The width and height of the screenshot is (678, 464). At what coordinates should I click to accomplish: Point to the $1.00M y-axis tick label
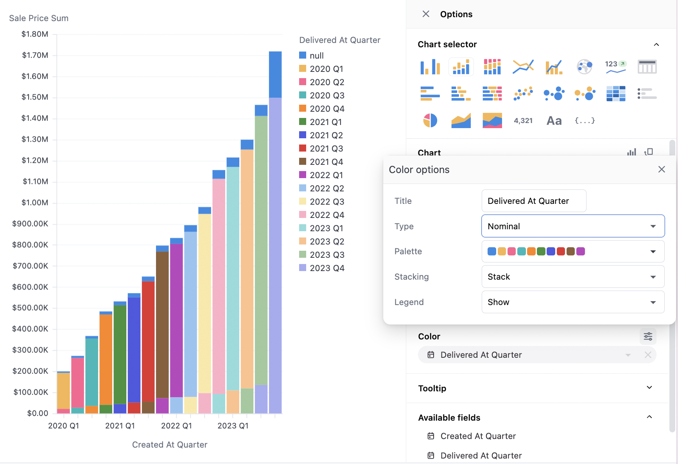(35, 203)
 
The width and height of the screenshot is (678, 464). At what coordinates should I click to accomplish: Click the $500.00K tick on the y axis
(30, 308)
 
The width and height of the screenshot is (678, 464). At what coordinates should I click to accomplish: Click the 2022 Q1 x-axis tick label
(176, 426)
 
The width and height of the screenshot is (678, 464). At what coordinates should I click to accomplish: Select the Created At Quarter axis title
(170, 445)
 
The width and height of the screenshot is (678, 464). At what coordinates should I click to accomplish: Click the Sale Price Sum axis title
(39, 18)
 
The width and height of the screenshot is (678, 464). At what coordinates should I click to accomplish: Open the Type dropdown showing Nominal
(573, 226)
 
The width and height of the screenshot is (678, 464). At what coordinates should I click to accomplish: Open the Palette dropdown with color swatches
(573, 252)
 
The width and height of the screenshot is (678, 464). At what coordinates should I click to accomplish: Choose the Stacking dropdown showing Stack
(573, 277)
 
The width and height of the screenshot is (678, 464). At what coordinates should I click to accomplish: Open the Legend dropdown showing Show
(573, 302)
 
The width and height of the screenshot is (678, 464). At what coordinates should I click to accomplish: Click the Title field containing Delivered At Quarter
(534, 201)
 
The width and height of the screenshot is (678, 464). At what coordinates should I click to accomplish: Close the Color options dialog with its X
(662, 170)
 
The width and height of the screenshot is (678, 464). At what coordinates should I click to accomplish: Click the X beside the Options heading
(426, 14)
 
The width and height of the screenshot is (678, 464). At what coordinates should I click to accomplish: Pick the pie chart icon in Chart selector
(430, 121)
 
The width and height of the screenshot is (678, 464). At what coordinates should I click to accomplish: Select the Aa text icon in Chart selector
(554, 121)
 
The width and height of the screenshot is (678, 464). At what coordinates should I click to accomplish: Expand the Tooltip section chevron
(649, 388)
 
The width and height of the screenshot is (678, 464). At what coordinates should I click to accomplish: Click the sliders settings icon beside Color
(648, 337)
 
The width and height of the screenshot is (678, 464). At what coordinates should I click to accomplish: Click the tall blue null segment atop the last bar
(275, 74)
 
